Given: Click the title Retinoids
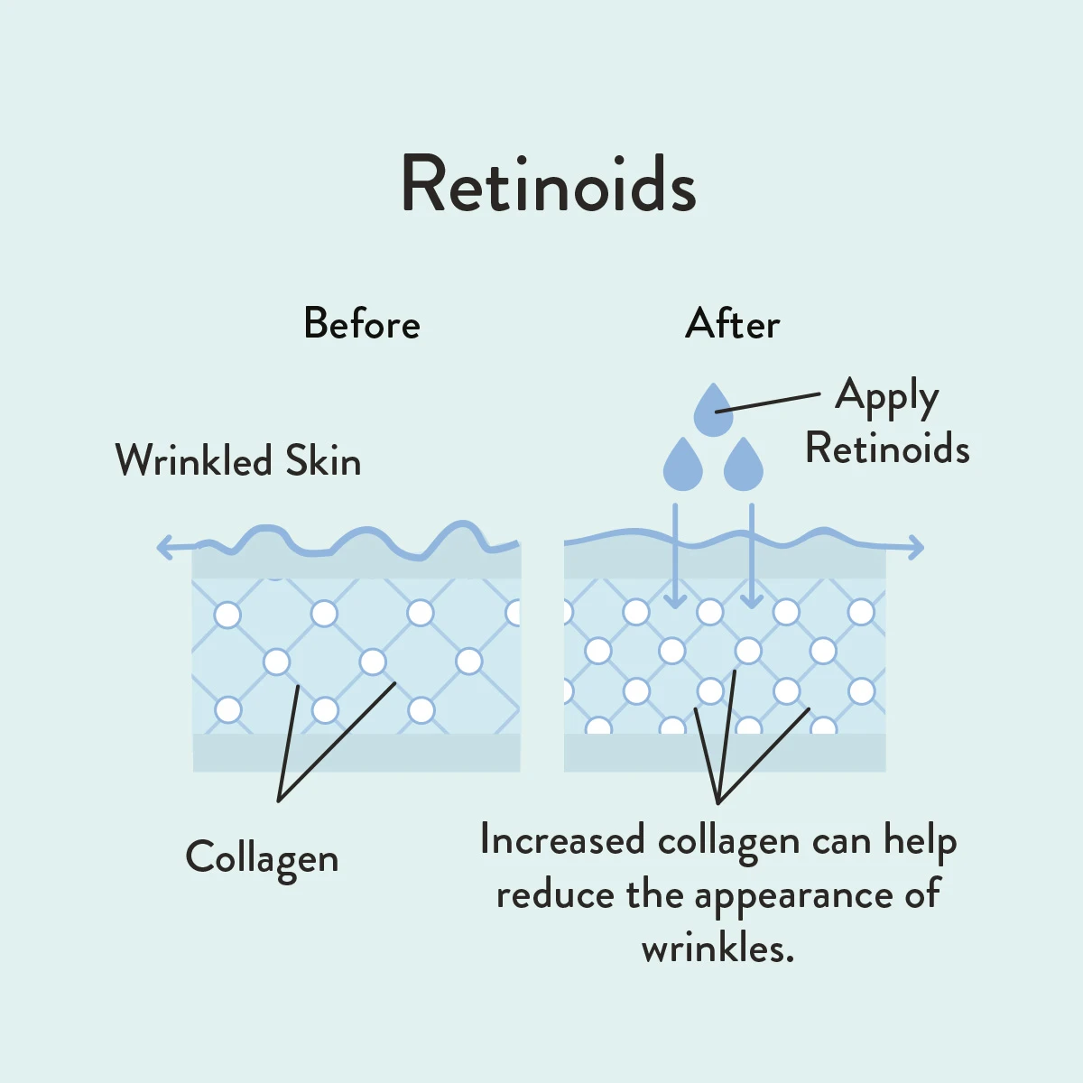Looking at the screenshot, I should pos(548,185).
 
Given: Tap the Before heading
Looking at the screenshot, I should pos(362,324).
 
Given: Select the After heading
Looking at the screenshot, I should pos(732,324).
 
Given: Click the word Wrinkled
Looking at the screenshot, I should pos(193,461).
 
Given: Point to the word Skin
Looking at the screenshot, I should pos(323,461).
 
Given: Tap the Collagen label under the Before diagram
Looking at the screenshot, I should pos(262,858).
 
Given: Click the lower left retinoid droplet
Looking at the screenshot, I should pos(682,467).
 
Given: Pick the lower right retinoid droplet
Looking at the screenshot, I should pos(744,467).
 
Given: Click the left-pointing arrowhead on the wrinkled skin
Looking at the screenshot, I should pos(165,546).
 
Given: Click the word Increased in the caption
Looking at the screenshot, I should pos(562,840).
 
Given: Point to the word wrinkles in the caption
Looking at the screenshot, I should pos(717,949).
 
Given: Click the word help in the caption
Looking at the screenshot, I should pos(920,840).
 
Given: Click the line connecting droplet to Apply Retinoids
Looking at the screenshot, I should pos(767,403).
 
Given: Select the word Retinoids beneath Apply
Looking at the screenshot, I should pos(887,449).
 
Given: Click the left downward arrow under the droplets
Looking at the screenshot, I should pos(674,560).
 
